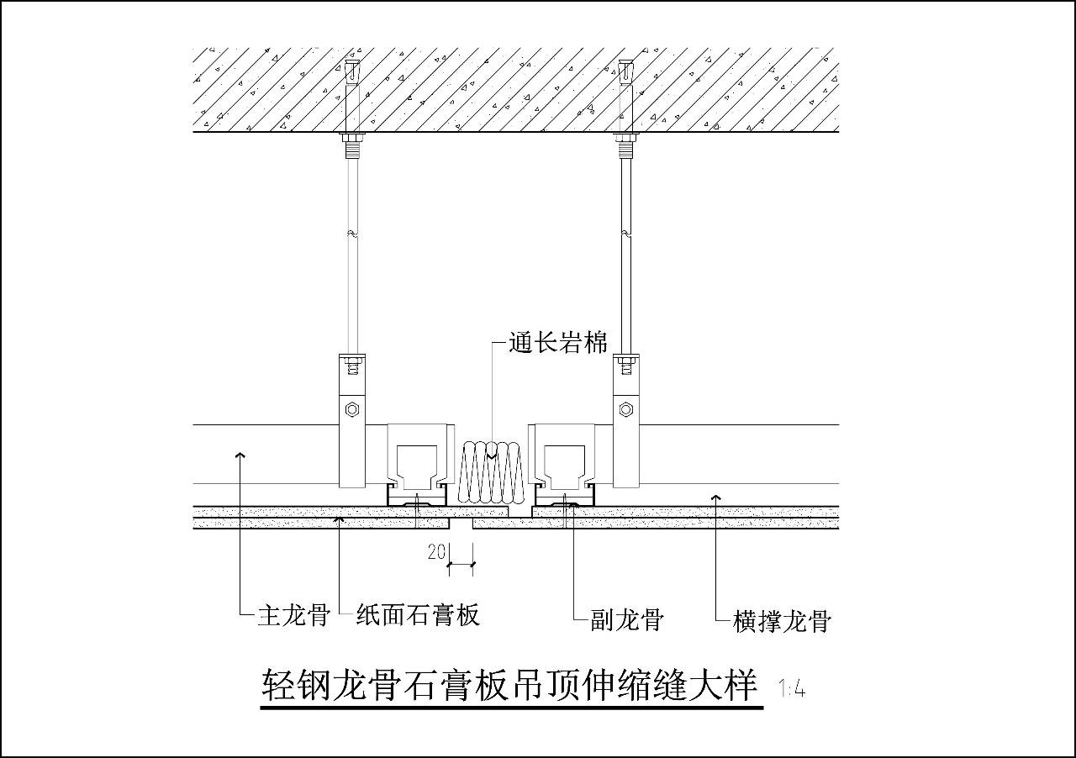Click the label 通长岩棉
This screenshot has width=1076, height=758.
557,344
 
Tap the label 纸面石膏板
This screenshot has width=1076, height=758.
418,616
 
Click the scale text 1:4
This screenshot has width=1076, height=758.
792,690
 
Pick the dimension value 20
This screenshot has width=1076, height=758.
436,552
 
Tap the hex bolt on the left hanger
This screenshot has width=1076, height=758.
353,410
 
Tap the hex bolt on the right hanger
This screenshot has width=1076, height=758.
625,410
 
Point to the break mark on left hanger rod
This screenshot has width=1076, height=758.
353,233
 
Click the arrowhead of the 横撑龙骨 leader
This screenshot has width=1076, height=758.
716,498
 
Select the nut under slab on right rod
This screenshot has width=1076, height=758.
625,138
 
